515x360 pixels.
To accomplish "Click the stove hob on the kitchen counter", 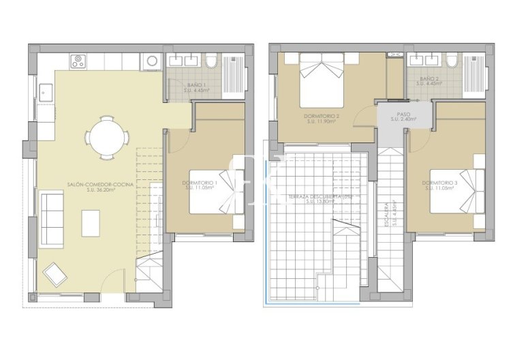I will click(x=76, y=61).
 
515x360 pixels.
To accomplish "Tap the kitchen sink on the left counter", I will click(x=46, y=91).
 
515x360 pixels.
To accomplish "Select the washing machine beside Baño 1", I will click(x=151, y=61).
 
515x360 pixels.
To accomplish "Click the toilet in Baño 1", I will click(x=210, y=63).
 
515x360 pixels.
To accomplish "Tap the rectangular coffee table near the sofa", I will click(x=91, y=222).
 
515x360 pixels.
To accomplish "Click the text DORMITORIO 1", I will click(x=200, y=183).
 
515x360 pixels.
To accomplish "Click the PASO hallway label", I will click(x=403, y=113).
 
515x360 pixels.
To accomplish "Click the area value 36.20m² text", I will click(x=101, y=190).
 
